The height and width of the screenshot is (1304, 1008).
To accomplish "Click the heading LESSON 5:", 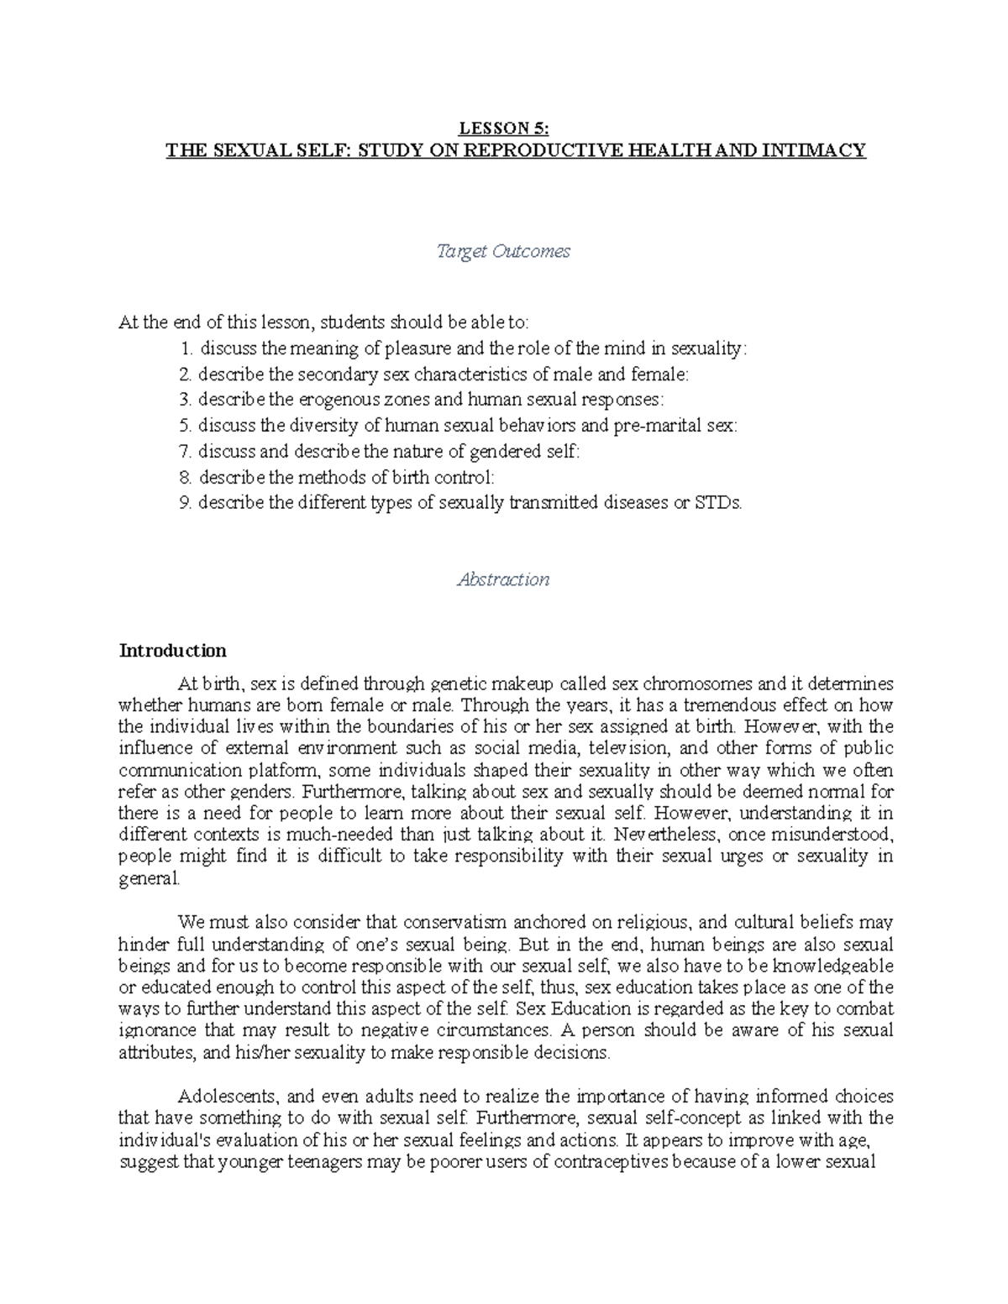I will click(503, 128).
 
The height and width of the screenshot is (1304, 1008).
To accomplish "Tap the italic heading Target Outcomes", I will click(503, 251).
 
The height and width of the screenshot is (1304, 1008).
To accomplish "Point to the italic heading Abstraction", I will click(503, 579).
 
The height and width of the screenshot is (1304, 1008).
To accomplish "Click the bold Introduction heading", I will click(172, 651).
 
